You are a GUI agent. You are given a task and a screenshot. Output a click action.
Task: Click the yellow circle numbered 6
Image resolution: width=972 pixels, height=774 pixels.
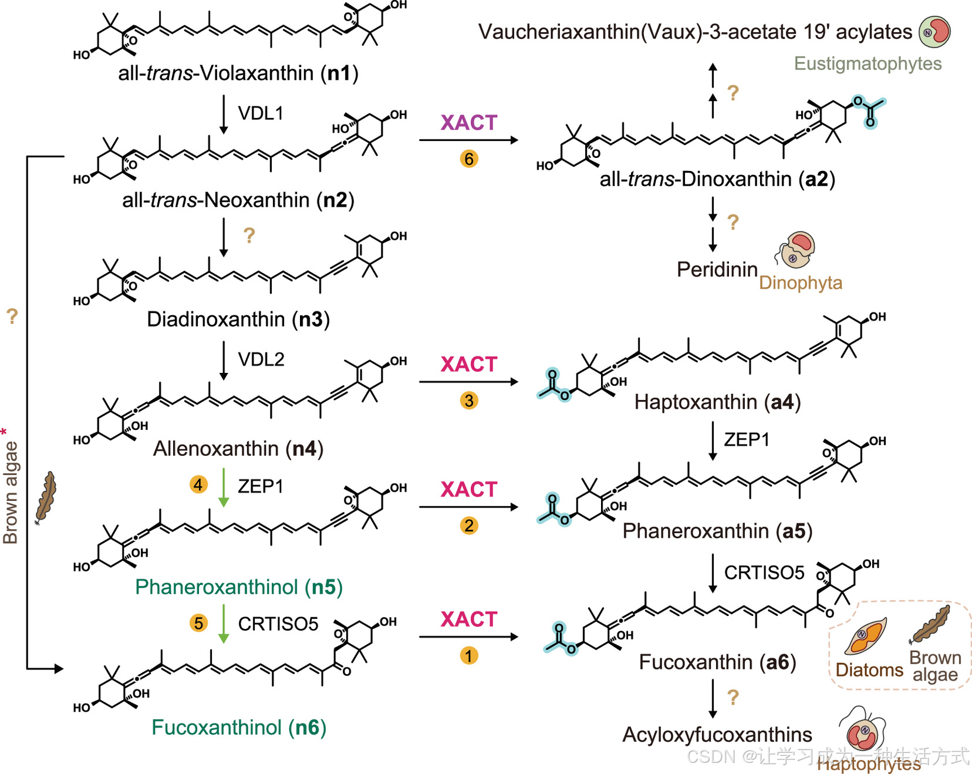pos(469,159)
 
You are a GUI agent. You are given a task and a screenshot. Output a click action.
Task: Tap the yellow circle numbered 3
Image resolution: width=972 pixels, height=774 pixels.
pos(469,401)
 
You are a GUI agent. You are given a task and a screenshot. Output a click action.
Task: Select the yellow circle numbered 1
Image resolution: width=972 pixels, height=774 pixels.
pos(469,655)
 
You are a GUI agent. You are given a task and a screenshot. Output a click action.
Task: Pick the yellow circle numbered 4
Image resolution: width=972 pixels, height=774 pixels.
pos(198,484)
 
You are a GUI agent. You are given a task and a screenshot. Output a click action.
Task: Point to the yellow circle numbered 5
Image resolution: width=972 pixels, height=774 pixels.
pos(198,623)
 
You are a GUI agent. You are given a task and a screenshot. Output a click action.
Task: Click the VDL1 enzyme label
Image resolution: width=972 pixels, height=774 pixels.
pos(261,113)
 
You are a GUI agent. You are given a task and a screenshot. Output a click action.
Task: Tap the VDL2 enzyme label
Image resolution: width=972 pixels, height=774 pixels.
pos(261,359)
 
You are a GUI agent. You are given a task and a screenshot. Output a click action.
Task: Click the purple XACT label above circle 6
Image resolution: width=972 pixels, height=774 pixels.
pos(469,123)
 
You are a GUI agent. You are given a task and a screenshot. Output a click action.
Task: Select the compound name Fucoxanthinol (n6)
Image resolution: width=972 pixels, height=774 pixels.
pos(238,728)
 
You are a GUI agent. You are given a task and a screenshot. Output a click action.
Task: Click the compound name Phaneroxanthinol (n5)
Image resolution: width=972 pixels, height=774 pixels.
pos(238,587)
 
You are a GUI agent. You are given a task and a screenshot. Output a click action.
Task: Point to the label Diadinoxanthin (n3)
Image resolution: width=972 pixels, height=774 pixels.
pos(238,319)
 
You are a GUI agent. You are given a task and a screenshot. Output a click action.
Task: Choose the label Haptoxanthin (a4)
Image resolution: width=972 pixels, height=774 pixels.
pos(717,402)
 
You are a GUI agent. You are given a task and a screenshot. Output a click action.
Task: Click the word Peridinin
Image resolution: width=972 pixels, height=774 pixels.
pos(717,270)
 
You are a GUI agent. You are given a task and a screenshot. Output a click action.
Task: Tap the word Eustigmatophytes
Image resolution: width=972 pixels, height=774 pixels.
pos(868,63)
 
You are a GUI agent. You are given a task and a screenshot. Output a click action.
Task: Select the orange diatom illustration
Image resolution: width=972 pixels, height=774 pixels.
pos(865,636)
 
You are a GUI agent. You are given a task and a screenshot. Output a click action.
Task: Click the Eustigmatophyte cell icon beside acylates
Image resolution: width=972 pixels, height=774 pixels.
pos(934,31)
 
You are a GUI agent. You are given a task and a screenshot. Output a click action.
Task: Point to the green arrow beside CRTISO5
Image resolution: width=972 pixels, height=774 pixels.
pos(224,623)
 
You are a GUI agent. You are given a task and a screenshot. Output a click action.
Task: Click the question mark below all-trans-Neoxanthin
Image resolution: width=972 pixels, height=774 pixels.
pos(249,235)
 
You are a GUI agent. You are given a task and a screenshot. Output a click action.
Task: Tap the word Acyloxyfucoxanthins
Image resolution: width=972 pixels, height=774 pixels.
pos(717,735)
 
